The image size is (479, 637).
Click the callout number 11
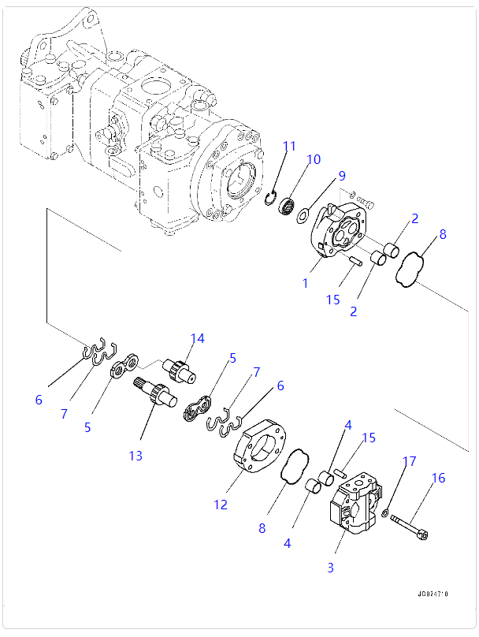pyautogui.click(x=290, y=146)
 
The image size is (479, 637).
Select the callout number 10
pyautogui.click(x=314, y=159)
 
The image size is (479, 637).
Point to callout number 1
pyautogui.click(x=306, y=282)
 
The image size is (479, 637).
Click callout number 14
pyautogui.click(x=196, y=339)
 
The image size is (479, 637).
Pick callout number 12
pyautogui.click(x=220, y=505)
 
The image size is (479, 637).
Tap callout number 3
pyautogui.click(x=331, y=567)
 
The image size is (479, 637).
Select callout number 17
pyautogui.click(x=408, y=461)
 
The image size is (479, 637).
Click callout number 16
pyautogui.click(x=438, y=478)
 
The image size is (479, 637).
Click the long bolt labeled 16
pyautogui.click(x=408, y=527)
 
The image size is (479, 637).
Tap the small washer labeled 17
pyautogui.click(x=384, y=513)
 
